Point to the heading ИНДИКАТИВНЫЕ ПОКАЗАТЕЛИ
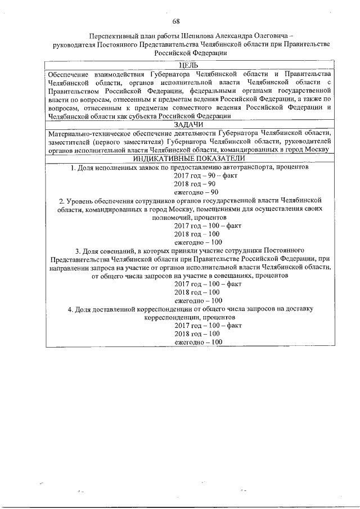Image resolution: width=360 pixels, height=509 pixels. [x=188, y=159]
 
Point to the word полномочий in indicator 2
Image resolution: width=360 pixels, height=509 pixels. [x=170, y=217]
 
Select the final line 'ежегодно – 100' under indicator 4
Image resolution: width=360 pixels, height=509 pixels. [x=198, y=341]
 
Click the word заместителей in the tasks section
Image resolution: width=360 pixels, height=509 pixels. [x=69, y=141]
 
